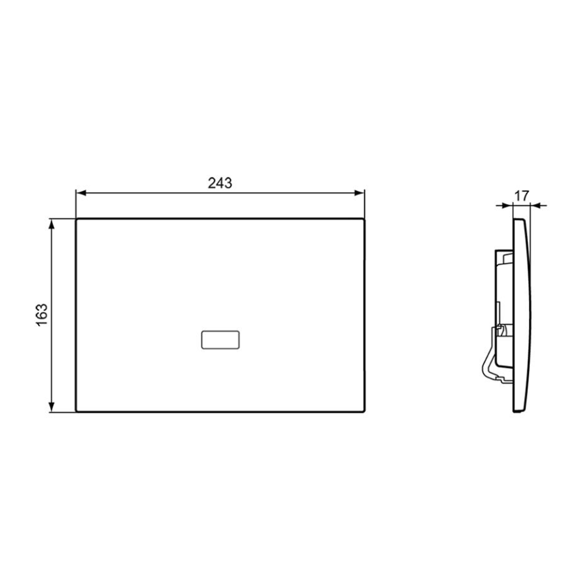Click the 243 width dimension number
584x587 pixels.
[220, 184]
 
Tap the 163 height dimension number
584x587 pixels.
[42, 315]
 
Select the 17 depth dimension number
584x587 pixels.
[521, 195]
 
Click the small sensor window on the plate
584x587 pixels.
[220, 340]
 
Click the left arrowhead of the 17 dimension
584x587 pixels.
[509, 205]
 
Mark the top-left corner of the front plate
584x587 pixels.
[77, 219]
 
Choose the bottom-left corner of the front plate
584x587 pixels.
[77, 411]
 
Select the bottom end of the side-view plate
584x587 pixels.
[518, 410]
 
